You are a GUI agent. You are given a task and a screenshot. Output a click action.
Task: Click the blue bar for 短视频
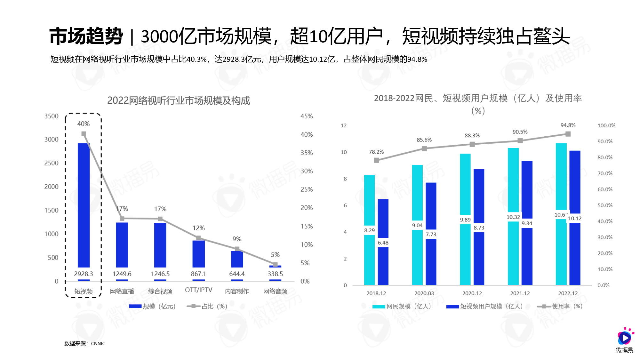pos(84,205)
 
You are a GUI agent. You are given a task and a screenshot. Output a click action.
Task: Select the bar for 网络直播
pos(122,245)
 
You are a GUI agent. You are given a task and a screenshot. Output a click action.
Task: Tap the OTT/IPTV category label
pos(198,290)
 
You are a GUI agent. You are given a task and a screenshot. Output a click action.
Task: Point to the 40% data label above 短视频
pos(83,124)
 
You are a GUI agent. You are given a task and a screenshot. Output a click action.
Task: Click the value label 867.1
pos(198,274)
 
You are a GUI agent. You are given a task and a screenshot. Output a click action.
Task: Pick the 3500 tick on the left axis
pos(51,116)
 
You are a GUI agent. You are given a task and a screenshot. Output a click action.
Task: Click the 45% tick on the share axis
pos(306,116)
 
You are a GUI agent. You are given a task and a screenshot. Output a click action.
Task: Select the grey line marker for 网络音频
pos(275,264)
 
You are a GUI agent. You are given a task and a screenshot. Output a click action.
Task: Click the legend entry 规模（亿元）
pos(153,306)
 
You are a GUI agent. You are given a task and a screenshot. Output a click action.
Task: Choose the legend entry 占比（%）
pos(207,306)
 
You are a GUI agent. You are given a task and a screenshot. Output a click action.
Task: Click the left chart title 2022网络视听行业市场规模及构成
pos(178,100)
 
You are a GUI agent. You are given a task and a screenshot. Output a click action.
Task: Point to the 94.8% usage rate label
pos(568,125)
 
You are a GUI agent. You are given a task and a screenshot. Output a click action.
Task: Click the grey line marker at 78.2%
pos(376,160)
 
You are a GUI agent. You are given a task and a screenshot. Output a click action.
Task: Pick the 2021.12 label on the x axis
pos(520,293)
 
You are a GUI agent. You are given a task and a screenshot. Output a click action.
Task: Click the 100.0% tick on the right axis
pos(606,125)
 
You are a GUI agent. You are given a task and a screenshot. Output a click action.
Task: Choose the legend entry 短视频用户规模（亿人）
pos(484,306)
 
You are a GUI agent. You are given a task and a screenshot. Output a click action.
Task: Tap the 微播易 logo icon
pos(625,337)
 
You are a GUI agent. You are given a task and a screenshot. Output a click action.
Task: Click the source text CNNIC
pos(98,343)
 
